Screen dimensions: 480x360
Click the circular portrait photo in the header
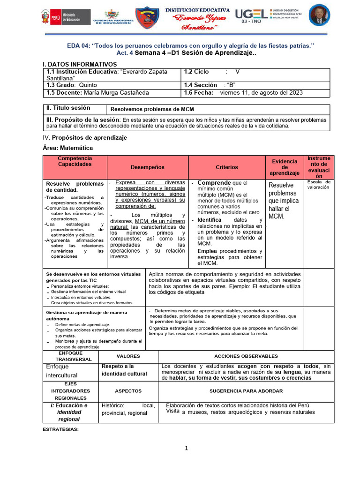(x=320, y=15)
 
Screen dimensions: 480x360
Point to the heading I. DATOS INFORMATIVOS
(x=80, y=64)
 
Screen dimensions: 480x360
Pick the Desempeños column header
(x=148, y=167)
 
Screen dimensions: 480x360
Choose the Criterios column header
(x=227, y=167)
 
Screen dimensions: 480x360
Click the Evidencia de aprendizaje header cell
(x=285, y=167)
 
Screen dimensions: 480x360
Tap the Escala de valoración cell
(x=319, y=184)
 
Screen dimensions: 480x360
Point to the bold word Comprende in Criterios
(x=214, y=183)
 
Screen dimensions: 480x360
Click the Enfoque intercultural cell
(x=61, y=371)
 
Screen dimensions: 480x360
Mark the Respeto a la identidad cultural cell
(x=125, y=370)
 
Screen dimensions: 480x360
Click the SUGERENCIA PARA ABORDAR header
(x=246, y=390)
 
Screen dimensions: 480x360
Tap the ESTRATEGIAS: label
(x=61, y=429)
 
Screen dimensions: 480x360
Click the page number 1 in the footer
(x=186, y=448)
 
